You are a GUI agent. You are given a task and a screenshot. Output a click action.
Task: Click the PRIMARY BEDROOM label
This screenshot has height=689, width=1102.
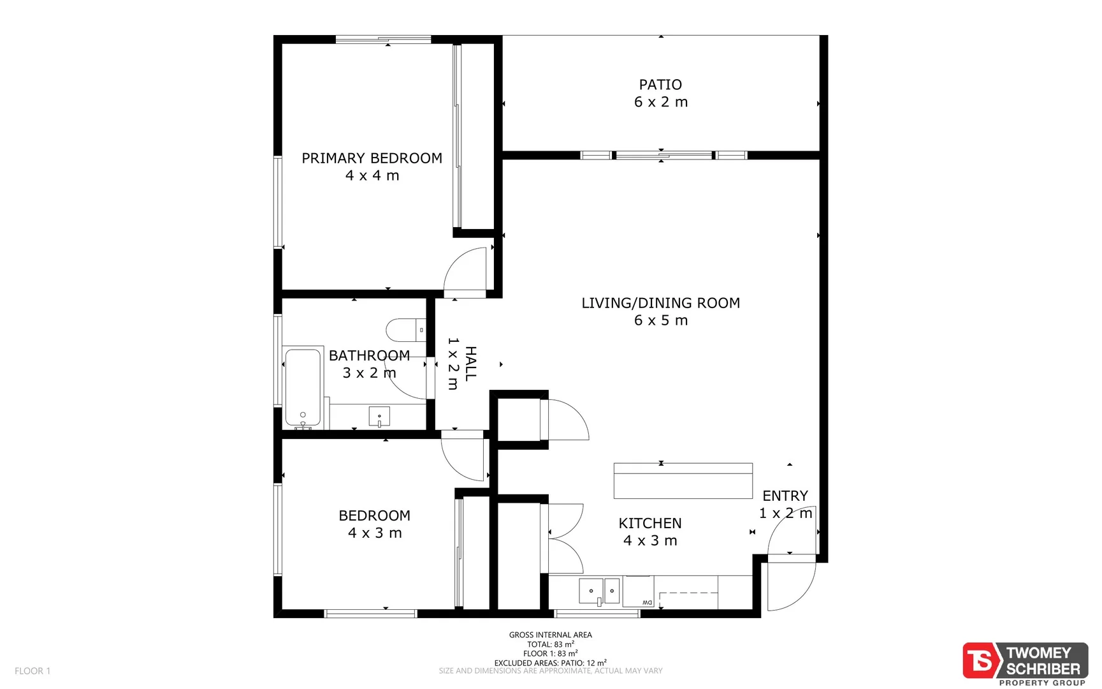pyautogui.click(x=372, y=158)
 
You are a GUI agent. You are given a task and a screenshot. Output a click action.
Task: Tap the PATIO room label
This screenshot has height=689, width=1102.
pyautogui.click(x=660, y=85)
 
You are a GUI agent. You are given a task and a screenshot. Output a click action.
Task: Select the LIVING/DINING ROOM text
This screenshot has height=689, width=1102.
pyautogui.click(x=660, y=303)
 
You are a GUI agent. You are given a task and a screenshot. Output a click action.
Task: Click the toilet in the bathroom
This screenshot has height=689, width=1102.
pyautogui.click(x=404, y=330)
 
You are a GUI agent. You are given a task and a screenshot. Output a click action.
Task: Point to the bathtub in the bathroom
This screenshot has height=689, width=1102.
pyautogui.click(x=303, y=387)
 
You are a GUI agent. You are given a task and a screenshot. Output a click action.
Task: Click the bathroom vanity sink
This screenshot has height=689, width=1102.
pyautogui.click(x=379, y=417)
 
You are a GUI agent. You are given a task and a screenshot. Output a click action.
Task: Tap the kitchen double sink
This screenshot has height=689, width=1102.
pyautogui.click(x=598, y=591)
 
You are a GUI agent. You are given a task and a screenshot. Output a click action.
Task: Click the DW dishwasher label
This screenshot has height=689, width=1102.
pyautogui.click(x=647, y=602)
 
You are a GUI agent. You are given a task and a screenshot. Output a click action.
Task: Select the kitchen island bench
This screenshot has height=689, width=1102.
pyautogui.click(x=683, y=481)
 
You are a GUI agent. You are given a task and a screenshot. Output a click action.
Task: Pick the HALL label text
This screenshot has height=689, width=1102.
pyautogui.click(x=470, y=364)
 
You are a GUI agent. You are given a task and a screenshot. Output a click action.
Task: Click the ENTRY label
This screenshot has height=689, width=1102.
pyautogui.click(x=785, y=496)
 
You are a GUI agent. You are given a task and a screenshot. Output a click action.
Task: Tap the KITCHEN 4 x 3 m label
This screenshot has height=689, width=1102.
pyautogui.click(x=650, y=531)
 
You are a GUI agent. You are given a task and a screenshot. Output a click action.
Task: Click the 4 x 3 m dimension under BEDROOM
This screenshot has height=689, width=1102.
pyautogui.click(x=375, y=533)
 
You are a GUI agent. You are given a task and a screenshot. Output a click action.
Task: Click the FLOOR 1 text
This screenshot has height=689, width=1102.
pyautogui.click(x=33, y=670)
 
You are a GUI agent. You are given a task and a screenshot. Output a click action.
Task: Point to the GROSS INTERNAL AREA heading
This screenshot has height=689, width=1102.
pyautogui.click(x=550, y=635)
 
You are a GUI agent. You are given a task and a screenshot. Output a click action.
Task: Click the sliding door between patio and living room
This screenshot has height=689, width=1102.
pyautogui.click(x=663, y=155)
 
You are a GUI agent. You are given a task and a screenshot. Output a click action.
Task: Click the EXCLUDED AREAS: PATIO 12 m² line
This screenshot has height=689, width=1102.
pyautogui.click(x=550, y=663)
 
